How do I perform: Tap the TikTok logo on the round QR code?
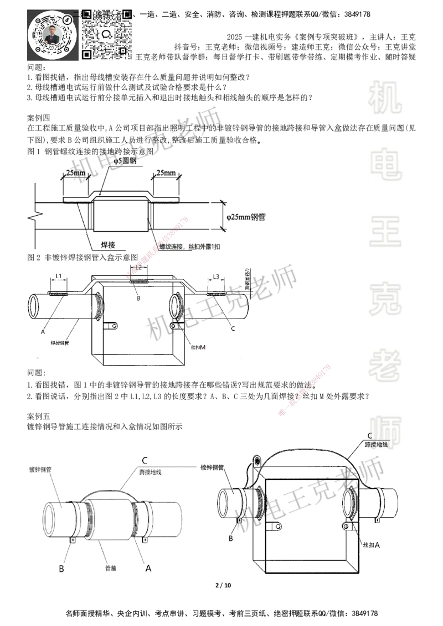68,18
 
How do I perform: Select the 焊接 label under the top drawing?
108,244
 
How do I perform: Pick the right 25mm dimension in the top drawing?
166,173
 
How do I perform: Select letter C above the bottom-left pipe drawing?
145,460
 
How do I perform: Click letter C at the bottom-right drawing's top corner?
370,435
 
